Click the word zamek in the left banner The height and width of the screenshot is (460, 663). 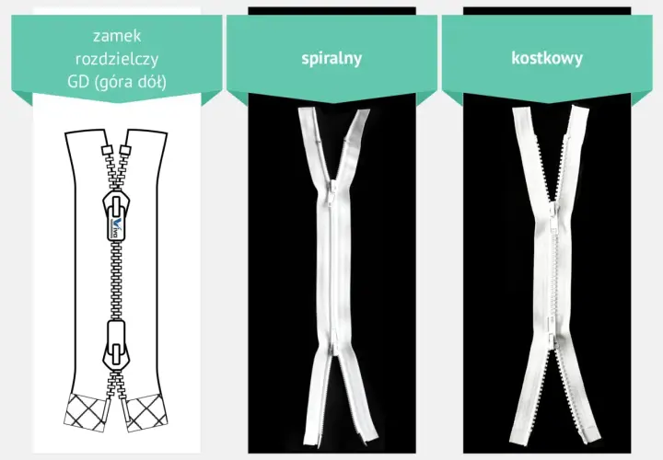click(117, 36)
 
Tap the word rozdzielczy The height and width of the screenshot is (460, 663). click(117, 59)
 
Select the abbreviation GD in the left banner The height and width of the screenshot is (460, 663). click(77, 82)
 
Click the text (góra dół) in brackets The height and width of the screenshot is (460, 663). click(131, 82)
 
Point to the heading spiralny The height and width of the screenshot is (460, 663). click(331, 58)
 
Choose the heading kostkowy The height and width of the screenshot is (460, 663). click(547, 58)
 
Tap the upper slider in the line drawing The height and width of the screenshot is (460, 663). click(116, 216)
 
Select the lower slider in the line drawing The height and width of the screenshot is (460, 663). click(116, 345)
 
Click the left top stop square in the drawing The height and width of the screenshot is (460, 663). click(106, 151)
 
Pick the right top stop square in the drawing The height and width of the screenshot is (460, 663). click(124, 151)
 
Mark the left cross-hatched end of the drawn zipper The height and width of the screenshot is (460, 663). click(87, 413)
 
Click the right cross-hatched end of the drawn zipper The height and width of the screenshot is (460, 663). click(145, 413)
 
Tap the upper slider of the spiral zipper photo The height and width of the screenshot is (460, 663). click(331, 191)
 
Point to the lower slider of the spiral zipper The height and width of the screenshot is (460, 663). click(334, 342)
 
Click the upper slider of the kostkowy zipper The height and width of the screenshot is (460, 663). click(553, 214)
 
